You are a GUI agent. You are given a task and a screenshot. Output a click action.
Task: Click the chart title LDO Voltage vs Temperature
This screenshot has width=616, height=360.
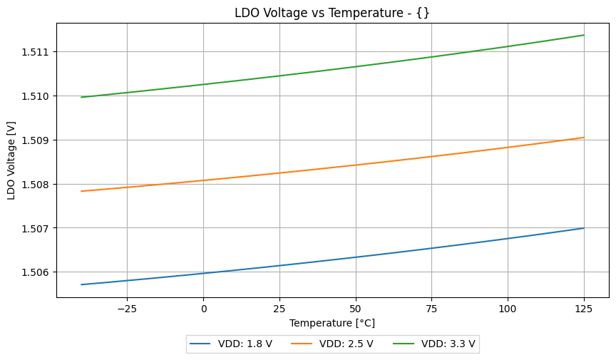tap(332, 13)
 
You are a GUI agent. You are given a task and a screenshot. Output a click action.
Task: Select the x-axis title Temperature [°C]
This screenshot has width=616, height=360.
tap(332, 323)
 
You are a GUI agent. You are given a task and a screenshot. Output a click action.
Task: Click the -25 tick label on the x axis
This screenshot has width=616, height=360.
tap(127, 309)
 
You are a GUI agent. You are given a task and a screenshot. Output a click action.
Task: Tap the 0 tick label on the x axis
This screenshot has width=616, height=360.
tap(203, 309)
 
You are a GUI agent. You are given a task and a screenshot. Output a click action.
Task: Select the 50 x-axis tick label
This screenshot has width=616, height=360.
tap(356, 309)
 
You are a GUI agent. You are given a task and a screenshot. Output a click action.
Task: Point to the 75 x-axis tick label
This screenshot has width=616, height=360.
tap(432, 309)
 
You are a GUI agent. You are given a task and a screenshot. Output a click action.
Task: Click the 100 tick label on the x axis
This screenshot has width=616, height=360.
tap(508, 309)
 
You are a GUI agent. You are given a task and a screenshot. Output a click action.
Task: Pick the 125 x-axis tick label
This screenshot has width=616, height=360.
tap(584, 309)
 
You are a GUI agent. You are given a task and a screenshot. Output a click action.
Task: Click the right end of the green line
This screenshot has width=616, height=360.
tap(584, 35)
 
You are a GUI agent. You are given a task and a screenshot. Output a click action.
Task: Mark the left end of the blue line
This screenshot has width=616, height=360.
tap(81, 284)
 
